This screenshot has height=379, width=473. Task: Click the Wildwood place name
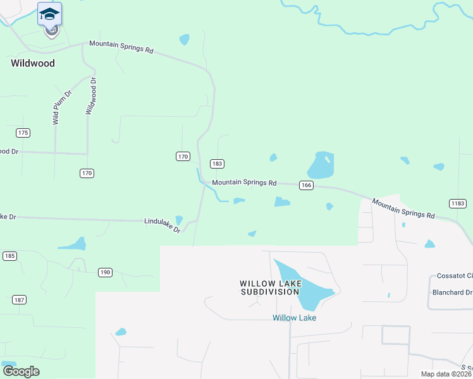(x=33, y=63)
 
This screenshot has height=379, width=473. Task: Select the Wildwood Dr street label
(x=92, y=96)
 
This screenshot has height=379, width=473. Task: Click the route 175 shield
(x=23, y=133)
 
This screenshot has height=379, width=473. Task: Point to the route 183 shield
(x=217, y=164)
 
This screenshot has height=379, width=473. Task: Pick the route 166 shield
(x=307, y=184)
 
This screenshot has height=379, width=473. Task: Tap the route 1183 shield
(x=458, y=203)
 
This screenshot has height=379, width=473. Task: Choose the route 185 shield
(x=9, y=256)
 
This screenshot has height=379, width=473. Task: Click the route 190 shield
(x=105, y=272)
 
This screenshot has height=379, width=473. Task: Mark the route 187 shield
(x=19, y=299)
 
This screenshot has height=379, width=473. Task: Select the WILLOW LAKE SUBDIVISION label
(x=269, y=288)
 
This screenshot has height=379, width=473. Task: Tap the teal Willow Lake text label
(x=294, y=318)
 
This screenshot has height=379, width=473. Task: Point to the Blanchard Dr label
(x=452, y=292)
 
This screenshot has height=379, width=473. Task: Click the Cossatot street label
(x=455, y=276)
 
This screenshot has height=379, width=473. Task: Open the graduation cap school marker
(x=49, y=15)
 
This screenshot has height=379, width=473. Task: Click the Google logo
(x=21, y=371)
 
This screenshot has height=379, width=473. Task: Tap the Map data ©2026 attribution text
(x=446, y=374)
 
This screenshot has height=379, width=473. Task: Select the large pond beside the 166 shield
(x=321, y=165)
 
